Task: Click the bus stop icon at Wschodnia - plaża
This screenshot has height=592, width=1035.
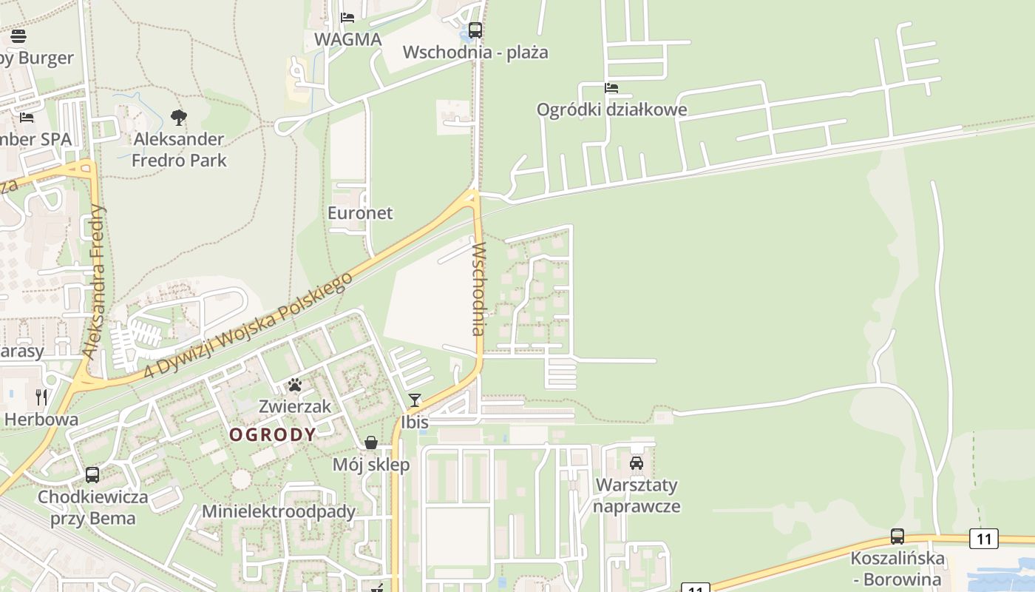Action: tap(475, 30)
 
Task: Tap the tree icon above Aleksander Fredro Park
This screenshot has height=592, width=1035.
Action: tap(178, 117)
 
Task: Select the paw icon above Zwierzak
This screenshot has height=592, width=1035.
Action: tap(295, 385)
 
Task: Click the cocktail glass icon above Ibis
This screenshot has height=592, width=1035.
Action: tap(415, 400)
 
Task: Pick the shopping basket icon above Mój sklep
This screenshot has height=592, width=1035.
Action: tap(371, 443)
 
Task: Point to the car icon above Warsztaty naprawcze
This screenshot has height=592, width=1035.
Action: tap(636, 463)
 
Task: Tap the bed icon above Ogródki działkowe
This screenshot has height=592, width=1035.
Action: tap(611, 87)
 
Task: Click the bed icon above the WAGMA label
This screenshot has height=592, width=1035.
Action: tap(347, 17)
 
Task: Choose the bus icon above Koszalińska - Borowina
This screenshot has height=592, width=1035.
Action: tap(897, 536)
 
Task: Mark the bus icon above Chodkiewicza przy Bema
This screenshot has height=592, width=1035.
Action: tap(92, 475)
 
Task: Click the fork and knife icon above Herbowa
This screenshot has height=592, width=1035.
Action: tap(41, 397)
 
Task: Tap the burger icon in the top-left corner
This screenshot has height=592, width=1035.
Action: tap(18, 36)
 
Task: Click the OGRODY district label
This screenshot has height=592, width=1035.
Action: tap(273, 434)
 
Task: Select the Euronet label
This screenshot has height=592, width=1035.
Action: tap(360, 213)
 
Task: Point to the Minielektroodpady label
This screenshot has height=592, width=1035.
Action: tap(279, 511)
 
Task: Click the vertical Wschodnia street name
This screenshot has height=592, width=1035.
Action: tap(478, 289)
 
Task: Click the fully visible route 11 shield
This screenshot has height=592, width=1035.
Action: tap(983, 539)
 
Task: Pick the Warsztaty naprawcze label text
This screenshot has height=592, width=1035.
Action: tap(636, 496)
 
